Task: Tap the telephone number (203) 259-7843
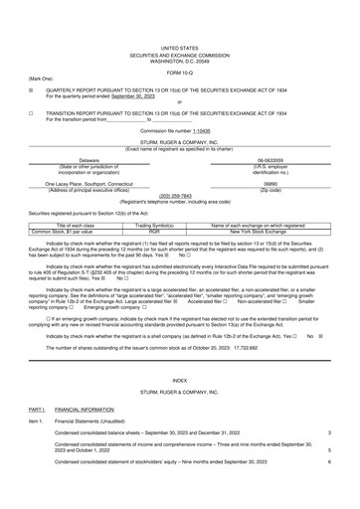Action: (179, 196)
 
